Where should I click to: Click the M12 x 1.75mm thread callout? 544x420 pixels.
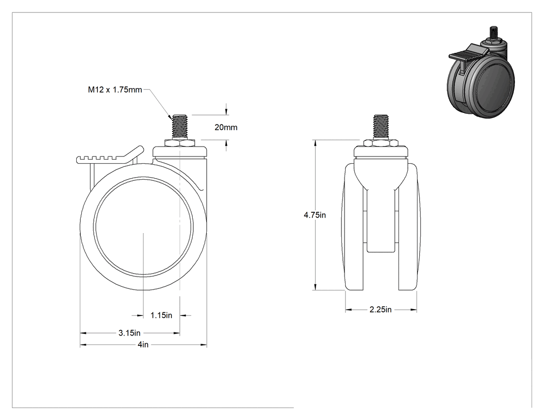coord(115,90)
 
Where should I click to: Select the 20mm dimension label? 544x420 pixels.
coord(226,127)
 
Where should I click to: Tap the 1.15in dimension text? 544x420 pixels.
coord(161,315)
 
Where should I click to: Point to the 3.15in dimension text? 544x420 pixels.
coord(130,333)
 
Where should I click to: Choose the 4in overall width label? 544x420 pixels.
coord(143,344)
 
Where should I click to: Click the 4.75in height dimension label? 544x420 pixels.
coord(314,215)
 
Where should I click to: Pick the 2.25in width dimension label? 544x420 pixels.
coord(381,309)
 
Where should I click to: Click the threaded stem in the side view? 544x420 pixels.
coord(179,126)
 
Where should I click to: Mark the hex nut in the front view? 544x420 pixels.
coord(381,143)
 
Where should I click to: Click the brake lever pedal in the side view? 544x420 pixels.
coord(110,155)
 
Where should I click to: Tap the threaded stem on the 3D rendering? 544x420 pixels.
coord(493,33)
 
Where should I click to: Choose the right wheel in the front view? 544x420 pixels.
coord(409,227)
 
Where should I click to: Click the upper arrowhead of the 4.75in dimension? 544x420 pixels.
coord(315,143)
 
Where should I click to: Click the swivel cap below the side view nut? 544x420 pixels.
coord(180,152)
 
